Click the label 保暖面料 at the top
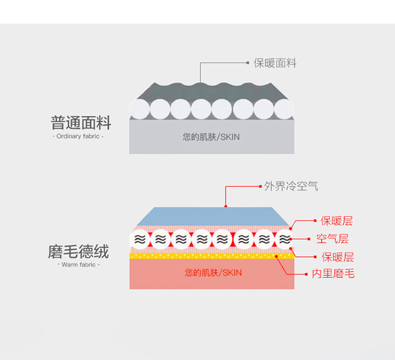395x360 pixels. [x=275, y=63]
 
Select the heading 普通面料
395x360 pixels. [x=81, y=123]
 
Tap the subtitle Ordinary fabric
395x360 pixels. [x=79, y=136]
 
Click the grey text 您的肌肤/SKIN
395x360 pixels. [x=211, y=137]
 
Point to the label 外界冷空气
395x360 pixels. [x=291, y=186]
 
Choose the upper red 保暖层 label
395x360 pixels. [x=337, y=221]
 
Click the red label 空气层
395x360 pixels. [x=332, y=239]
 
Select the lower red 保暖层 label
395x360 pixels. [x=337, y=257]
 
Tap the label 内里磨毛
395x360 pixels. [x=333, y=274]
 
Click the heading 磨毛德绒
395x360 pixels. [x=78, y=252]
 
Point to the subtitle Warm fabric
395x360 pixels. [x=78, y=265]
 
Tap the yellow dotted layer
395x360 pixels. [x=211, y=256]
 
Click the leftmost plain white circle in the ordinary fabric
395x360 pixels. [x=140, y=109]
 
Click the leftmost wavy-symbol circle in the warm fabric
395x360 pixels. [x=140, y=239]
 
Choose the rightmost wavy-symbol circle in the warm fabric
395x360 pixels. [x=284, y=239]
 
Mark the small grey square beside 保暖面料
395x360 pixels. [x=248, y=63]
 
